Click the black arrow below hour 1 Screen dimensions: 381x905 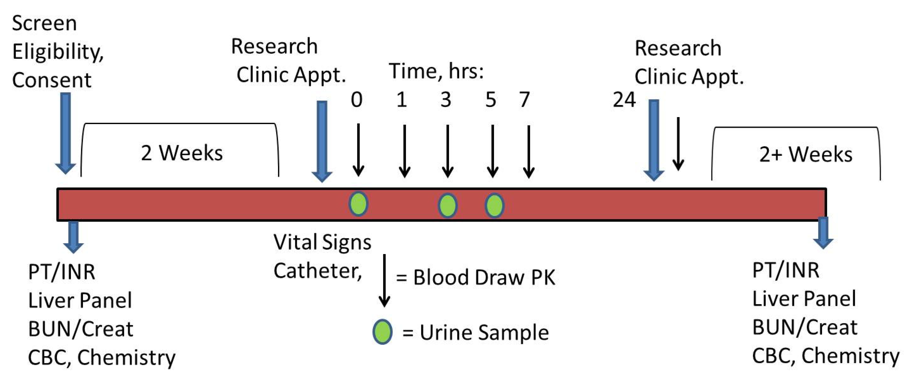[x=405, y=151]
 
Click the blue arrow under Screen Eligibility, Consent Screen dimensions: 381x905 [x=66, y=134]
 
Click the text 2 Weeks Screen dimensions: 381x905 [x=182, y=153]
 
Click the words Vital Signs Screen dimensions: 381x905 [x=322, y=242]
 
